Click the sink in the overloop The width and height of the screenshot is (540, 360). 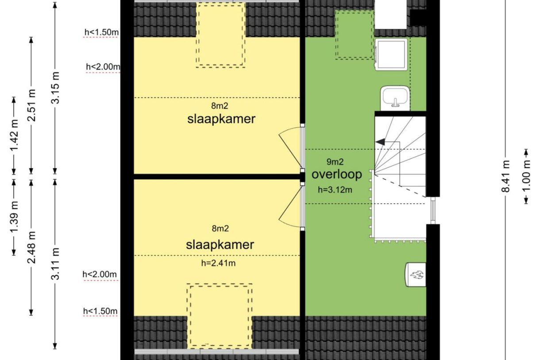click(395, 98)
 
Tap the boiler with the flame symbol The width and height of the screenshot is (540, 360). click(416, 275)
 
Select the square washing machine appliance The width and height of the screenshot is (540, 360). click(391, 54)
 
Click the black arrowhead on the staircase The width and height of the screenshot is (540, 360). click(380, 142)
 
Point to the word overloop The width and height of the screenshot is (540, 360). click(336, 174)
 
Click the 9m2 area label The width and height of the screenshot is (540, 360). click(335, 162)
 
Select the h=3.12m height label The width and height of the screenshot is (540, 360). click(335, 190)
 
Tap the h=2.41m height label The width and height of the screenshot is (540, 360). click(218, 263)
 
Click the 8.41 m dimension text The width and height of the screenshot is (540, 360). click(506, 176)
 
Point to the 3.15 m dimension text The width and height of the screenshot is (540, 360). click(55, 88)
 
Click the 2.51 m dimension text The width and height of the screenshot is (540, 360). click(31, 105)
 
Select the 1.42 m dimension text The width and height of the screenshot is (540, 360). click(15, 135)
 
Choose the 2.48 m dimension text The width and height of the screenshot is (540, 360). click(31, 248)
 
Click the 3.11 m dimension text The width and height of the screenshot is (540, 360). click(55, 263)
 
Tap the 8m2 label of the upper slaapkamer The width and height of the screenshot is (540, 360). click(220, 106)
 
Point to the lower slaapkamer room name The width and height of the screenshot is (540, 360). click(220, 245)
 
